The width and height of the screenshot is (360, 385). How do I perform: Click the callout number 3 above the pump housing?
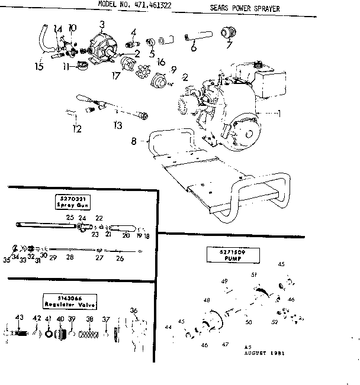102,24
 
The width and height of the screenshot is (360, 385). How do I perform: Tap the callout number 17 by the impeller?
116,75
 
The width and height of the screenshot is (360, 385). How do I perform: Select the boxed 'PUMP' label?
223,255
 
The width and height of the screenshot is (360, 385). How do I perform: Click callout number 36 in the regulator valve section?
134,311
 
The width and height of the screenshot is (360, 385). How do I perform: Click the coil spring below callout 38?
89,335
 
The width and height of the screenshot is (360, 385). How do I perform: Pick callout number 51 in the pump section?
254,275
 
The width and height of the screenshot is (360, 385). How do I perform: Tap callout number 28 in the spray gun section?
70,258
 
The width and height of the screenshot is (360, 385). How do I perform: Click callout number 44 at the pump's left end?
169,326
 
